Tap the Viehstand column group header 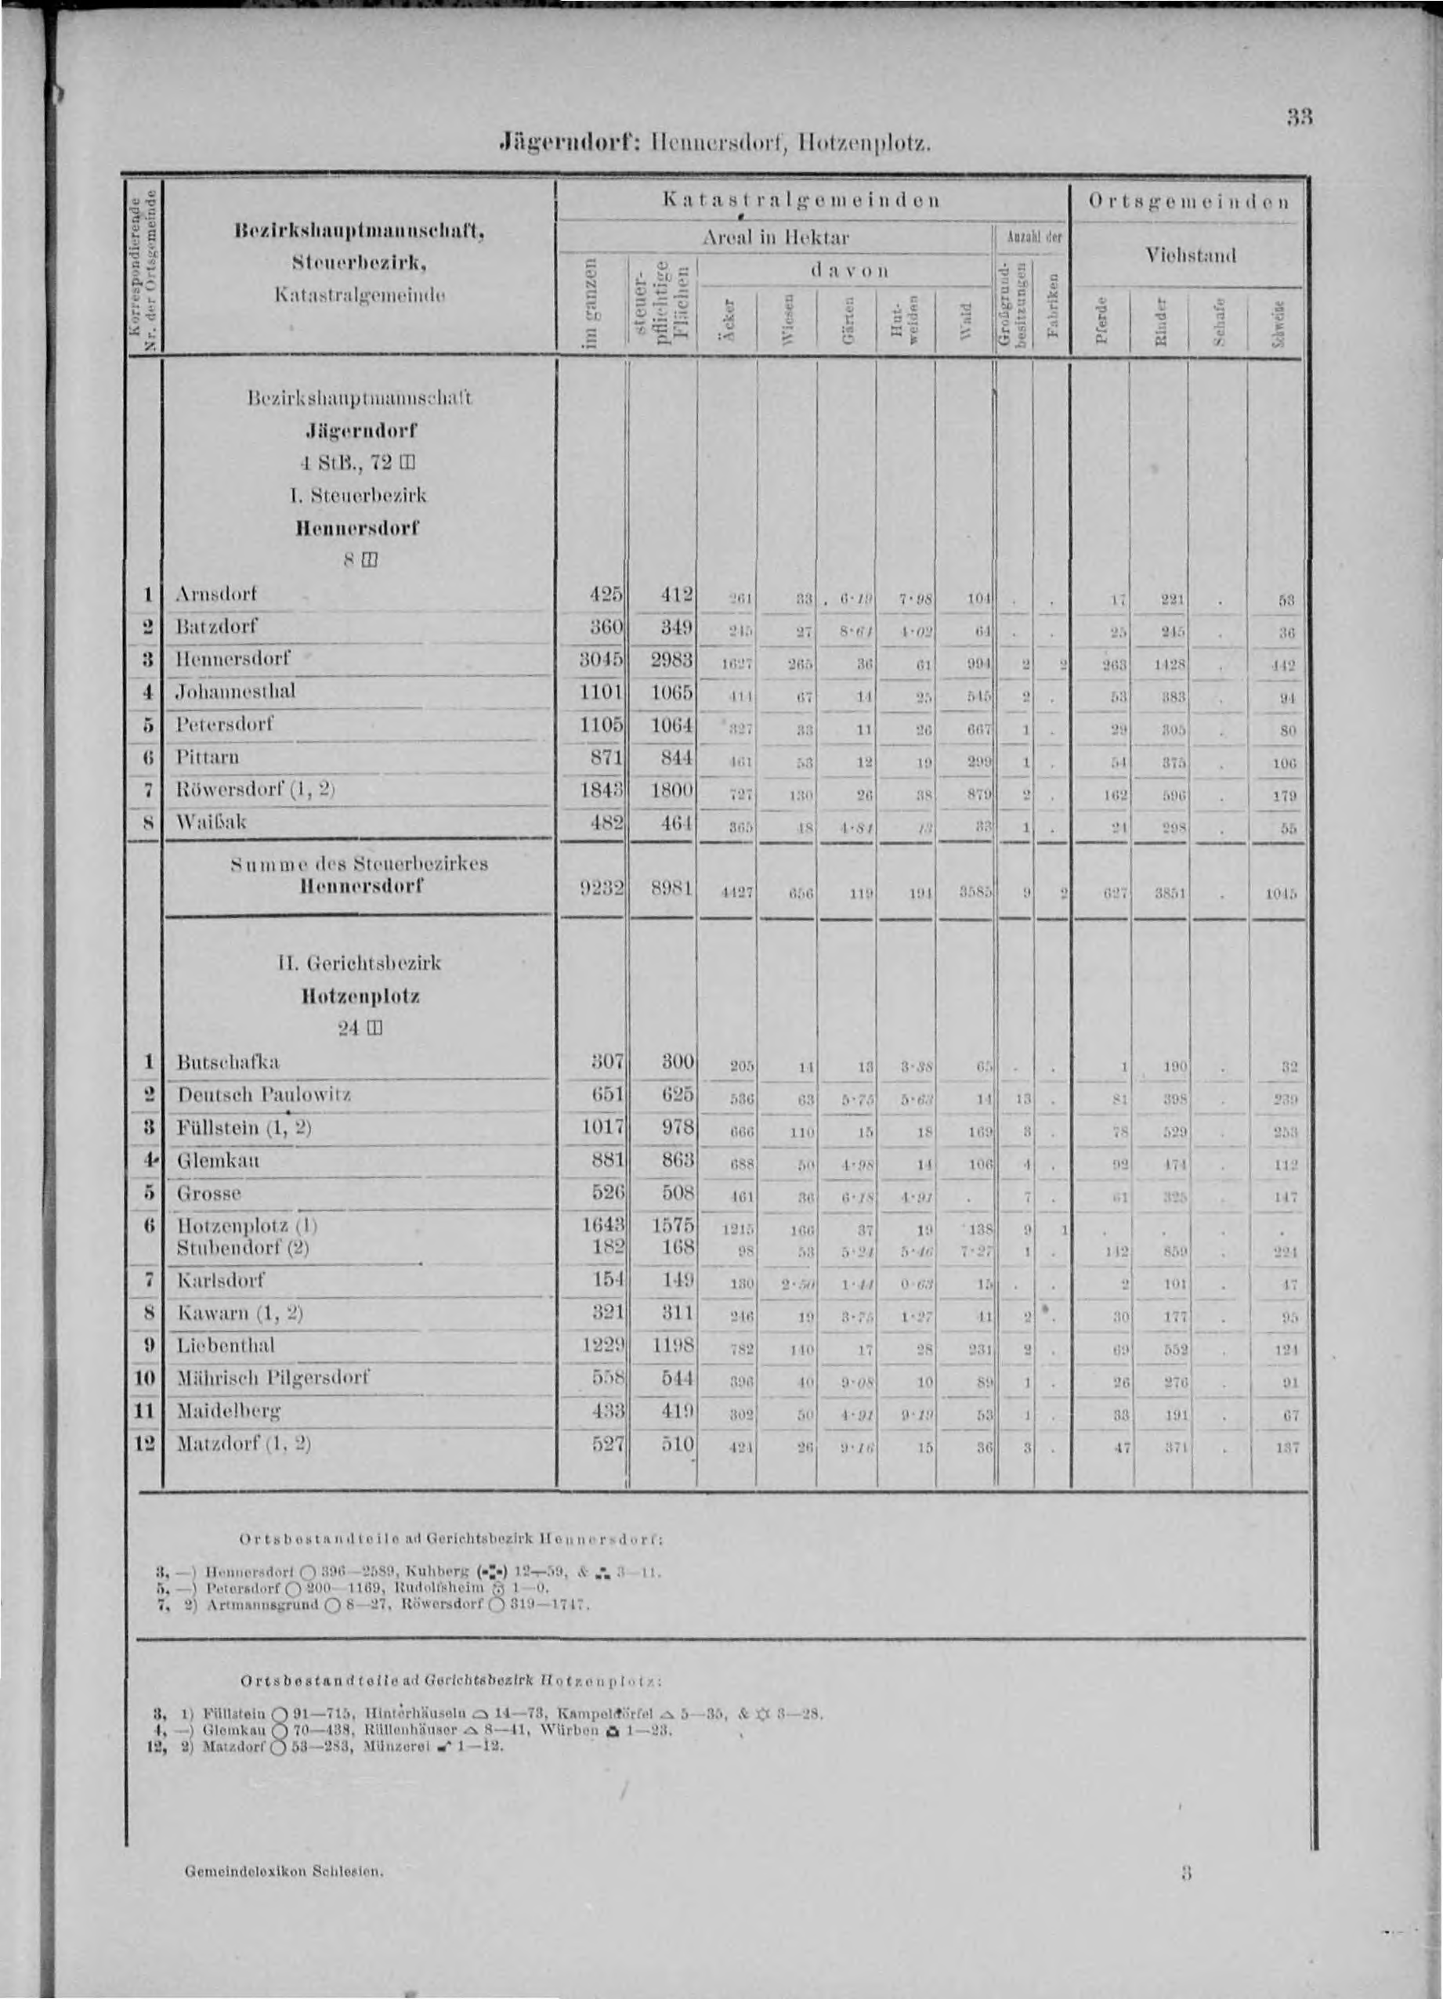coord(1190,255)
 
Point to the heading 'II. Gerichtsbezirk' coord(359,963)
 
